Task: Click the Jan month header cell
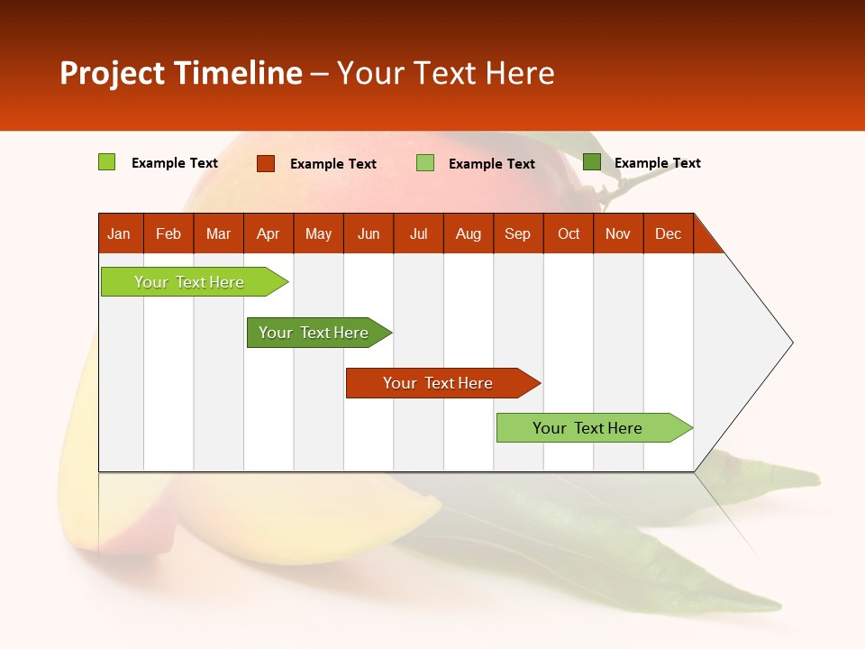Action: click(x=120, y=233)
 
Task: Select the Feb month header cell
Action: click(x=168, y=233)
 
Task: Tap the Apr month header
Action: click(x=269, y=233)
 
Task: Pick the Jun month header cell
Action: click(x=369, y=233)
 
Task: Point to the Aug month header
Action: click(x=469, y=233)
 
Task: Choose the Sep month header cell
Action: click(x=518, y=233)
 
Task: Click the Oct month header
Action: click(x=569, y=233)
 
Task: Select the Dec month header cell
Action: click(x=669, y=233)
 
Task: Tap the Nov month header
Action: click(x=618, y=233)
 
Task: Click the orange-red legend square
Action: click(x=265, y=163)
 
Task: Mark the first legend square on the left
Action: click(x=106, y=162)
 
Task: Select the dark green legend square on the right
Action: click(x=591, y=162)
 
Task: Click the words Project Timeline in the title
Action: click(x=181, y=73)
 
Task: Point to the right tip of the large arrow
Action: click(x=791, y=343)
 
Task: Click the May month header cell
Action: click(x=318, y=233)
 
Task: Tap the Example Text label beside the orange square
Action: click(x=333, y=164)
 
